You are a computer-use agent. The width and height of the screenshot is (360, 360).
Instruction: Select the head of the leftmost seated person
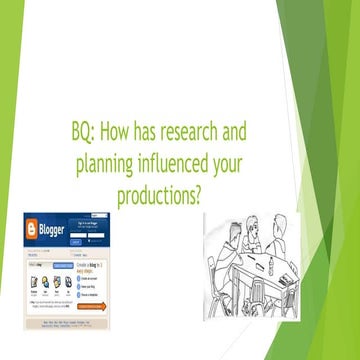[x=223, y=238]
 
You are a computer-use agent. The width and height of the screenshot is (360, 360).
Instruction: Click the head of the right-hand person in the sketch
[x=279, y=226]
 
